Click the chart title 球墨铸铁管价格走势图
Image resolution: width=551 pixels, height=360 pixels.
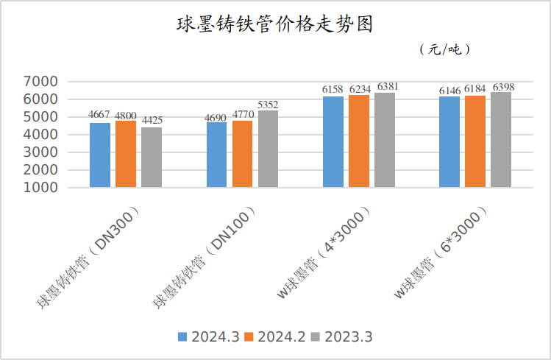click(x=275, y=24)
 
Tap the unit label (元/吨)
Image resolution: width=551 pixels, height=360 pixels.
click(x=444, y=49)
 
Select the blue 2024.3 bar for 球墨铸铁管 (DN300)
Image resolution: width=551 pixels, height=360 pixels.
click(x=100, y=155)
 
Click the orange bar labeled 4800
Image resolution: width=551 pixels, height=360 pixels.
click(x=126, y=153)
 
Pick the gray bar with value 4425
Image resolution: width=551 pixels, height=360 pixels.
click(x=152, y=157)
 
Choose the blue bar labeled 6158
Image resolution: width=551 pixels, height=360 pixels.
click(x=333, y=141)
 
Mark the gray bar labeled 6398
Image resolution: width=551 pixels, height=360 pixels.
click(x=501, y=139)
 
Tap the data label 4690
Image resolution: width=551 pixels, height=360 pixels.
click(x=216, y=116)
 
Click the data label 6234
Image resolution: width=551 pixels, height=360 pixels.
click(x=360, y=89)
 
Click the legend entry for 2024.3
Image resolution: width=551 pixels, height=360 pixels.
click(x=208, y=337)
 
